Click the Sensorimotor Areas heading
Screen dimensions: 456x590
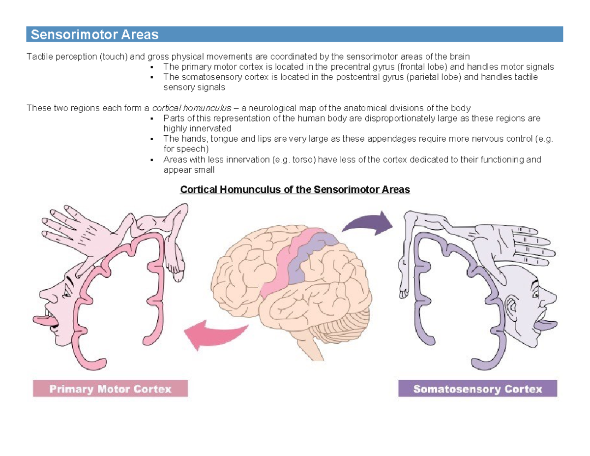pyautogui.click(x=94, y=35)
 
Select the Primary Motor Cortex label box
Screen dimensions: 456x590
pyautogui.click(x=110, y=389)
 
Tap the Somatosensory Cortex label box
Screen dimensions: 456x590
pyautogui.click(x=477, y=389)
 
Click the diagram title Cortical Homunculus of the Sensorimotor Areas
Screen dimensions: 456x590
pyautogui.click(x=295, y=189)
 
